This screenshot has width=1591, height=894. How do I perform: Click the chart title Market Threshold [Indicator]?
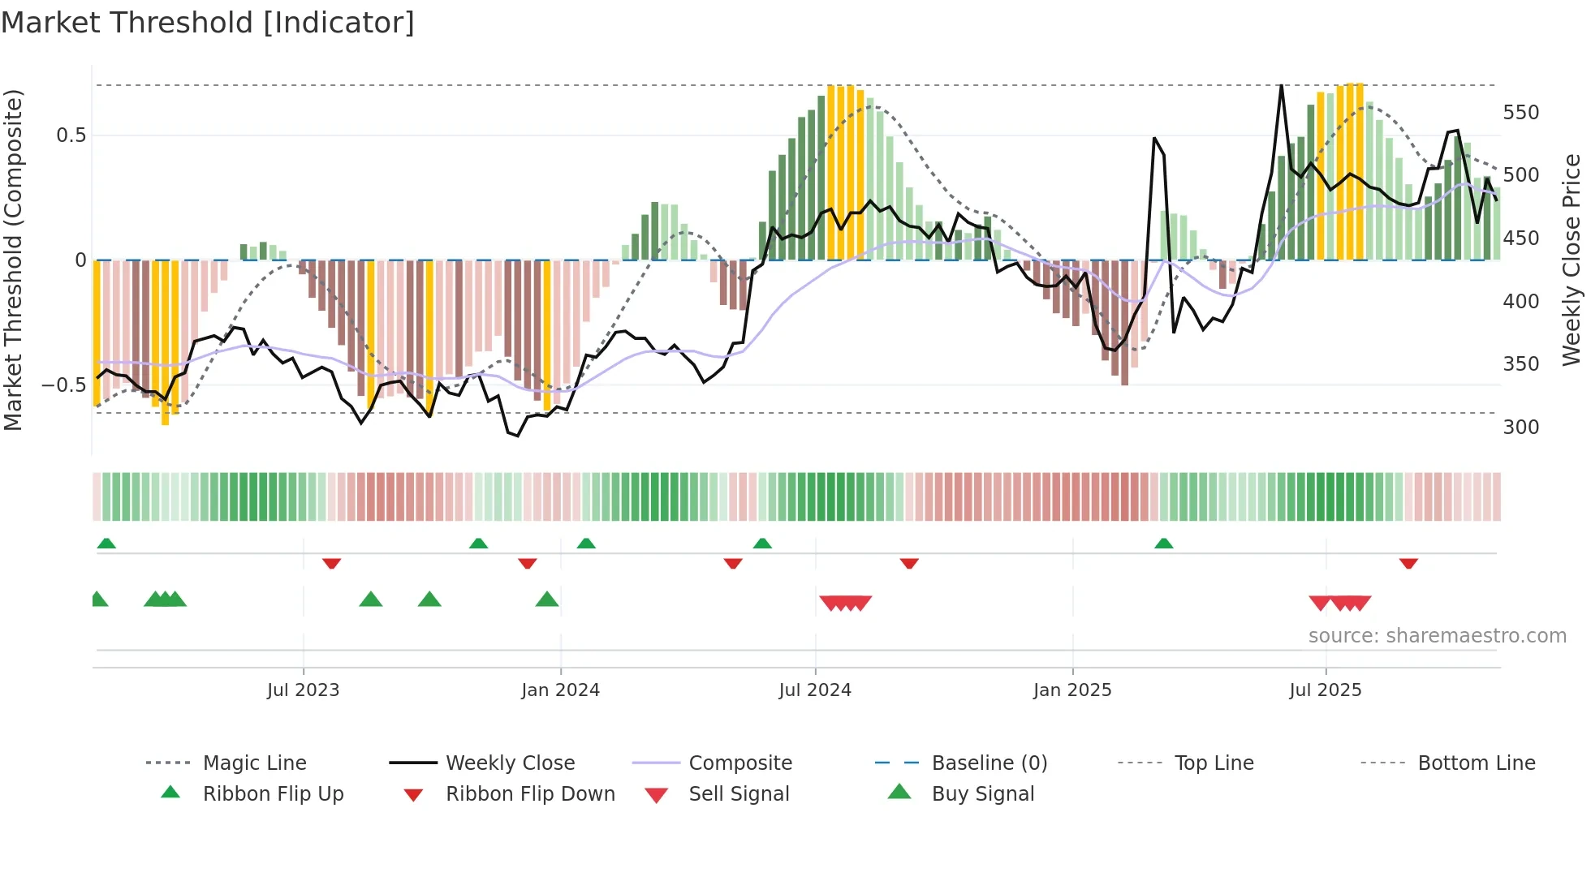coord(208,23)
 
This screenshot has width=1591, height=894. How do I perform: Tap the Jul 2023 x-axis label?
coord(303,690)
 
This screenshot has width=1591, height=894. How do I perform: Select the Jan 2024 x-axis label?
coord(560,690)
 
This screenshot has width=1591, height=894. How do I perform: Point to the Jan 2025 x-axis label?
coord(1072,690)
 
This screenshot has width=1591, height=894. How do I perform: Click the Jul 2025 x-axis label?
coord(1326,690)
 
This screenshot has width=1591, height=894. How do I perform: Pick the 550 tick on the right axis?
coord(1520,113)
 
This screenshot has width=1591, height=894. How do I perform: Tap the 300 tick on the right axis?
coord(1520,428)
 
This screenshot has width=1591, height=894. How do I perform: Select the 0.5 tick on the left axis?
coord(71,135)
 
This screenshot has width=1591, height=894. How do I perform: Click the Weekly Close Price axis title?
coord(1572,260)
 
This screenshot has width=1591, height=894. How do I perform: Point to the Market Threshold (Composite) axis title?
coord(13,260)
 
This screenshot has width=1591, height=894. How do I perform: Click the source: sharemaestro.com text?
coord(1437,636)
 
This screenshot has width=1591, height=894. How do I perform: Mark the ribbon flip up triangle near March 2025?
coord(1163,544)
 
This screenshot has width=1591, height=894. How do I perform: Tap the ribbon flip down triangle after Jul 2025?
coord(1408,563)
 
